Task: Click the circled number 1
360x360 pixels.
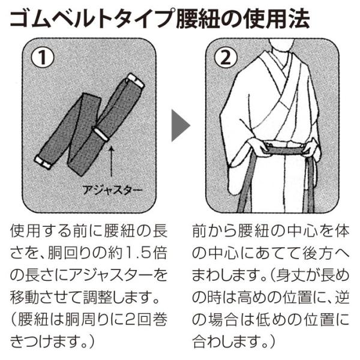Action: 43,57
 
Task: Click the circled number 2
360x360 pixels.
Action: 226,57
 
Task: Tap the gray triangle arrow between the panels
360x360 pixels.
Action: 181,125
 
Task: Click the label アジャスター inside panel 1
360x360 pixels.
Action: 112,190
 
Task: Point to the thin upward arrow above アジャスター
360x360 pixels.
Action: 112,161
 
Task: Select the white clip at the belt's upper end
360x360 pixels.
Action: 136,82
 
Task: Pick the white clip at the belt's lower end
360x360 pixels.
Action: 43,162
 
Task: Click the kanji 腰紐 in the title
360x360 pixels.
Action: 199,19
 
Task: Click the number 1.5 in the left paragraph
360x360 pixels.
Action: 136,253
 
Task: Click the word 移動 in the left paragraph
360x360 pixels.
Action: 25,298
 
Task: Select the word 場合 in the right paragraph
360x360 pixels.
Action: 223,320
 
